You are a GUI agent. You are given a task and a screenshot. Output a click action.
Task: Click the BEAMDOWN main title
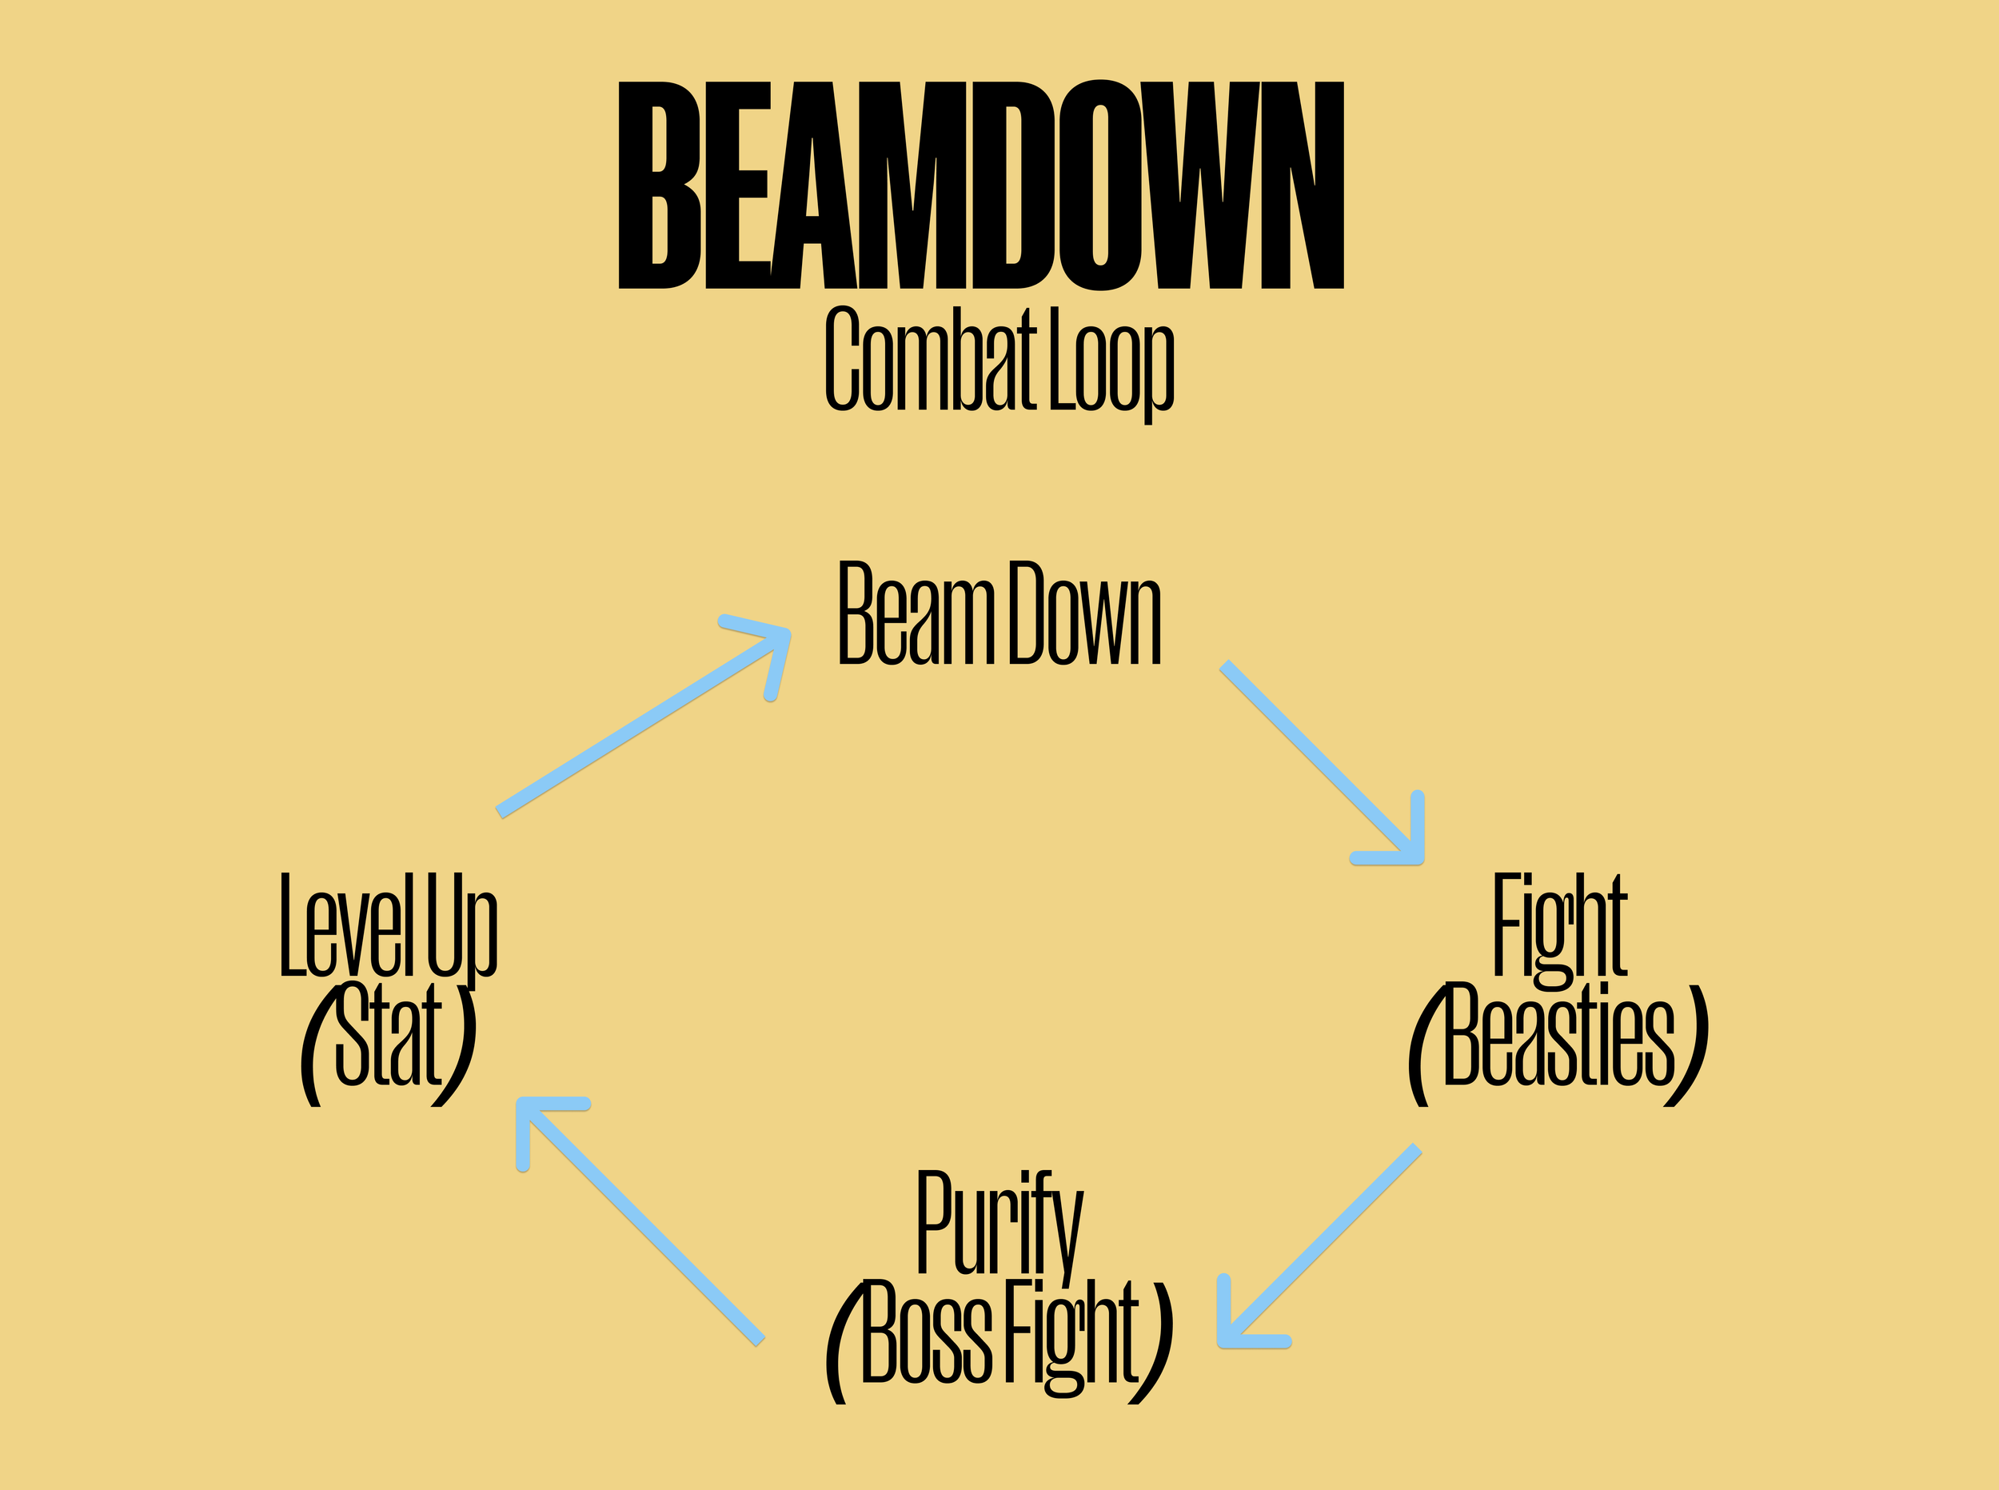pos(980,186)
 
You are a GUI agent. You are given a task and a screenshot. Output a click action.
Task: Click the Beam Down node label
pos(999,614)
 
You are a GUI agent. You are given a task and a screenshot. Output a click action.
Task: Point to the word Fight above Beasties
pos(1560,927)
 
